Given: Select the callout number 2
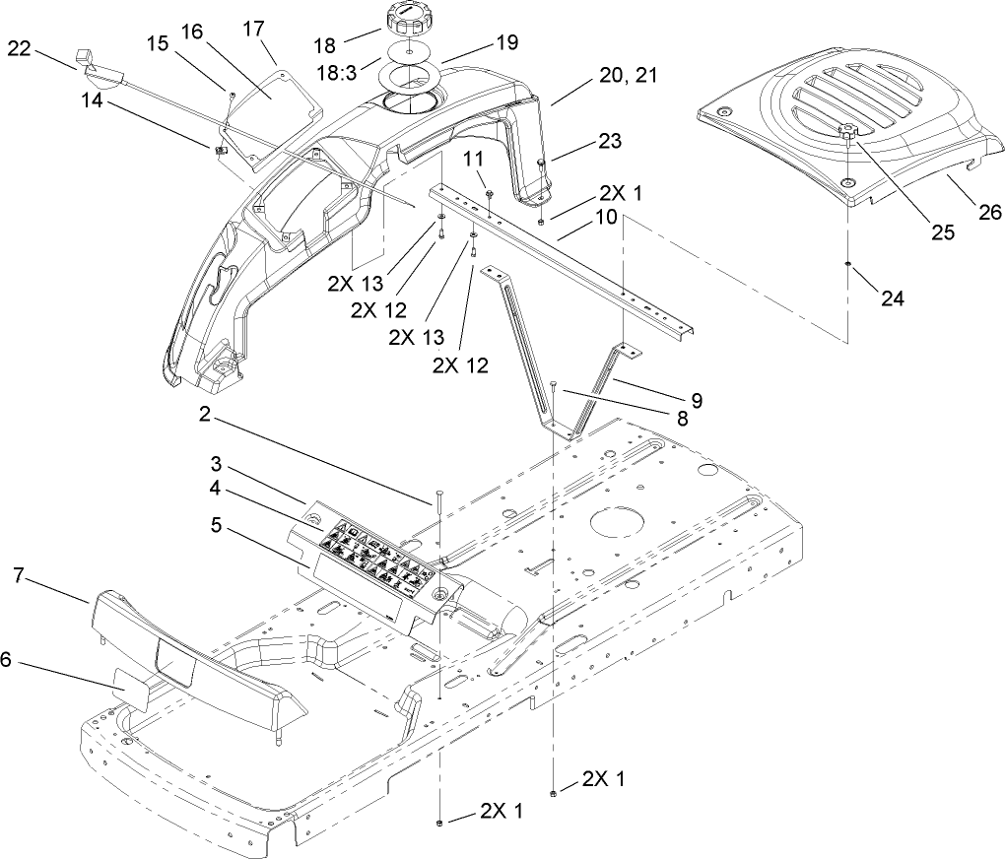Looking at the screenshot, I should coord(204,417).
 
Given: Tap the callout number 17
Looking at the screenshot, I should coord(254,28).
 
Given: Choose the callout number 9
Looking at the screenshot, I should coord(696,400).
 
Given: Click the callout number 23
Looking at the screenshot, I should coord(610,141).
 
